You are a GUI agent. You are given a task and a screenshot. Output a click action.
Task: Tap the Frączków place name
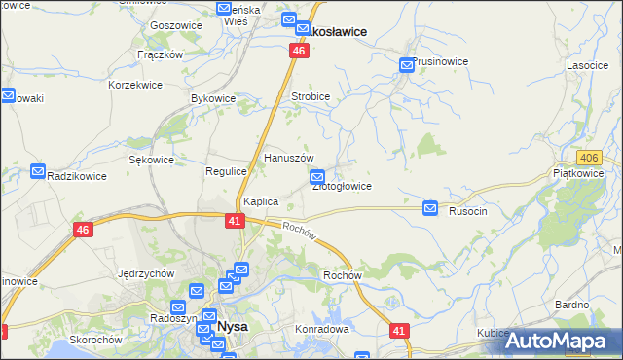[161, 55]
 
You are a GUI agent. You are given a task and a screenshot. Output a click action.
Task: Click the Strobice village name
[311, 97]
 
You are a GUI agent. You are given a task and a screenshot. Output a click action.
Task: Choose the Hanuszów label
[289, 158]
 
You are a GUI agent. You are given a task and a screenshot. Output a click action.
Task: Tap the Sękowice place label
[151, 160]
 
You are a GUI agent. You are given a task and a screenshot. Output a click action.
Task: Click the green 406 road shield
[589, 157]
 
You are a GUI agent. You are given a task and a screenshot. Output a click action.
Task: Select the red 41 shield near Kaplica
[235, 221]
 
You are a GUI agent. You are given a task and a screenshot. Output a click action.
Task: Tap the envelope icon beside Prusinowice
[407, 65]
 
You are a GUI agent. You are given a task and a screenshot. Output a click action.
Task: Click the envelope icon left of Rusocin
[431, 208]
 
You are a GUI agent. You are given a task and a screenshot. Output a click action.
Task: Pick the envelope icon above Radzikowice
[39, 171]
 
